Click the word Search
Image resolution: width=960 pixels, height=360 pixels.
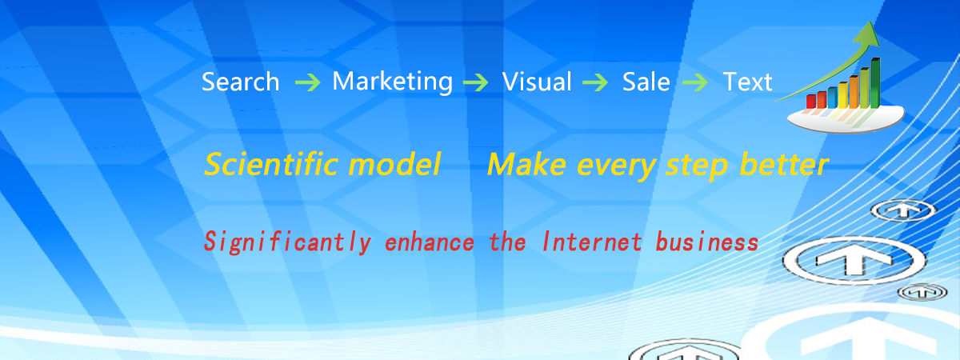tap(241, 82)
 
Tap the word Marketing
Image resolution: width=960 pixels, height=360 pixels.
tap(393, 82)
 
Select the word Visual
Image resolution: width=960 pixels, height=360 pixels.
tap(537, 82)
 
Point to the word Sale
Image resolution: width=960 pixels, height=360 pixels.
tap(646, 82)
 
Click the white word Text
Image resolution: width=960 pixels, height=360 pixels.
tap(747, 82)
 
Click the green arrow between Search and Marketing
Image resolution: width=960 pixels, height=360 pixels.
tap(308, 82)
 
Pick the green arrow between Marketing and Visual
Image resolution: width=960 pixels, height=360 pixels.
tap(476, 82)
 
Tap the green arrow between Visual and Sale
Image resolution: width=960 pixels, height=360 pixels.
tap(595, 82)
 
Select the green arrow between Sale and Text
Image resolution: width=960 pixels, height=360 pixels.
tap(694, 82)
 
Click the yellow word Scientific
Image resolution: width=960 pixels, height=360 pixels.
tap(272, 164)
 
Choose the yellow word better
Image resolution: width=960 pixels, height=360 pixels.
tap(784, 164)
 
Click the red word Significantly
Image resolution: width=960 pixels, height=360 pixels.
tap(287, 242)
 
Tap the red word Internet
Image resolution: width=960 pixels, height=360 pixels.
tap(592, 242)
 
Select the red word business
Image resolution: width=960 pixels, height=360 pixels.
tap(707, 242)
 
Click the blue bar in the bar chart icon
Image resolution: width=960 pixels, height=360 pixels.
tap(832, 98)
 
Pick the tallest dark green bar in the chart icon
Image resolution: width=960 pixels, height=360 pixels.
tap(875, 83)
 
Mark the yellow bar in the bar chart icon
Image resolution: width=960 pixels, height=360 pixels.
tap(843, 95)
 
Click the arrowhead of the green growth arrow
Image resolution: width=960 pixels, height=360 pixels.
tap(869, 34)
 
